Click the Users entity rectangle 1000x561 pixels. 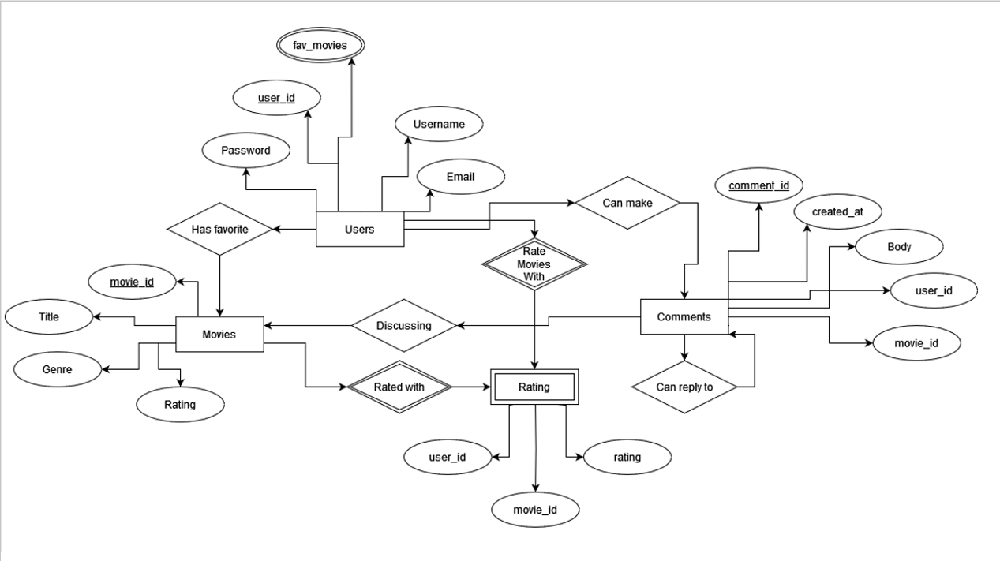point(359,230)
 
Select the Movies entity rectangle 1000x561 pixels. point(219,335)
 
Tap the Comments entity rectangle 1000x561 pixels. point(684,317)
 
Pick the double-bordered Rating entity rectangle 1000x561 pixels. point(534,387)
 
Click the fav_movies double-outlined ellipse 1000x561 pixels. point(320,46)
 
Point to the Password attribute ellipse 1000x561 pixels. point(245,151)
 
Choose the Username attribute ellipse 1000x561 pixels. point(438,125)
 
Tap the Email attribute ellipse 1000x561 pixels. point(460,177)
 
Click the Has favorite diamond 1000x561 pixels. point(219,230)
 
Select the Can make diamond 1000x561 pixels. point(627,204)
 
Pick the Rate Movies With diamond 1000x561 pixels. point(534,264)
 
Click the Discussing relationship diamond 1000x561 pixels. point(403,326)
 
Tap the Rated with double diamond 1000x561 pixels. point(399,387)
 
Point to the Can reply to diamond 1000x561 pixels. point(684,387)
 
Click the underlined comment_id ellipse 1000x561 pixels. point(758,186)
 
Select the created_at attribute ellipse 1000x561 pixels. point(837,212)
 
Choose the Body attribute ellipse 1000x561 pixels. point(899,247)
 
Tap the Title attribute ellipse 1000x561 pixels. point(49,317)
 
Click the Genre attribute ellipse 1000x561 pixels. point(58,369)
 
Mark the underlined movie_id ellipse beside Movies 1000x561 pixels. point(132,282)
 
